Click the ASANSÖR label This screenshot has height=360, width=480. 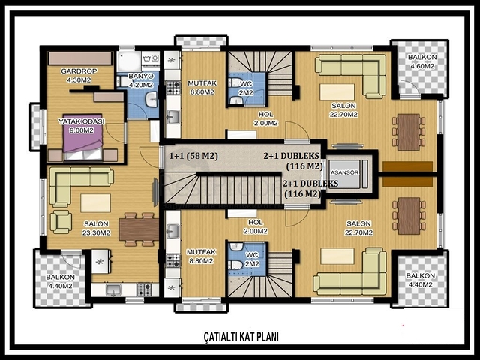click(x=344, y=172)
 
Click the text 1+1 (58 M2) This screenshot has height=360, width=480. click(x=193, y=156)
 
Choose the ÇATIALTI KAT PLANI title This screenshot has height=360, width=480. click(x=241, y=337)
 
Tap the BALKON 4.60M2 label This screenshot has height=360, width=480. click(x=422, y=61)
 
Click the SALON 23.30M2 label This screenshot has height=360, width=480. click(x=96, y=228)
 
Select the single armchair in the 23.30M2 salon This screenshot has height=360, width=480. click(x=61, y=222)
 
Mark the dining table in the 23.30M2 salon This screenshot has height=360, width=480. click(x=139, y=229)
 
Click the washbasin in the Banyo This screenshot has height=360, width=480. click(x=151, y=98)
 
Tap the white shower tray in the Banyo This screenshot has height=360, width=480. click(x=129, y=61)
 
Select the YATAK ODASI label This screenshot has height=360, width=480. click(x=82, y=126)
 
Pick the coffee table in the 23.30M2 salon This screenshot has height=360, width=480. click(x=96, y=202)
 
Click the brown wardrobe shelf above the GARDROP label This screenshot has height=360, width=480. click(x=80, y=58)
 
